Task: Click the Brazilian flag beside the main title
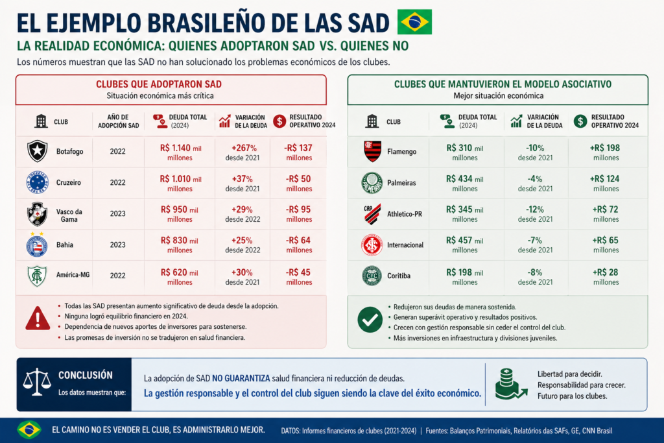point(415,22)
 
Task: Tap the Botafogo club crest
point(37,151)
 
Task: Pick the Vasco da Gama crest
point(37,214)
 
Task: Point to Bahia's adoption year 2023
point(117,245)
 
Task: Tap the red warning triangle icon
point(38,318)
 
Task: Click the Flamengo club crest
point(372,152)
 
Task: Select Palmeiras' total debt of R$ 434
point(464,183)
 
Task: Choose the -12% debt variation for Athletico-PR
point(535,214)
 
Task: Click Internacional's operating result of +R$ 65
point(605,245)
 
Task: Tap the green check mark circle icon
point(370,319)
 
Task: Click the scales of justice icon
point(37,383)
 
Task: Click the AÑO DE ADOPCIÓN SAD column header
point(117,121)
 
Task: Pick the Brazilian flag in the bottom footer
point(29,429)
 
